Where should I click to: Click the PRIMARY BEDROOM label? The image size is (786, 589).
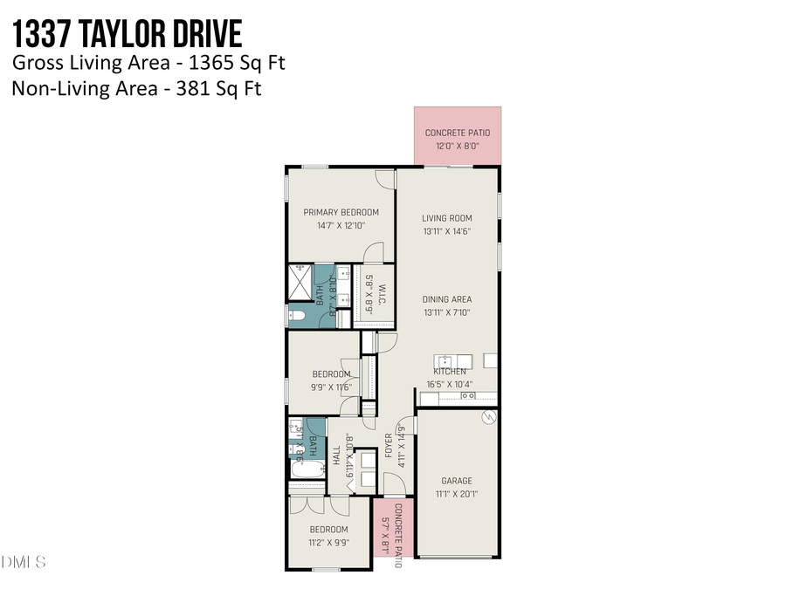[x=341, y=212]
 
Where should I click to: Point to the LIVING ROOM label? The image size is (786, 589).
[x=446, y=219]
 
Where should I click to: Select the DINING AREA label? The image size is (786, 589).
[x=446, y=299]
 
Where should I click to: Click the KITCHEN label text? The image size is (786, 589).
[x=450, y=372]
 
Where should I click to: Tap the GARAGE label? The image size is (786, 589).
[x=456, y=481]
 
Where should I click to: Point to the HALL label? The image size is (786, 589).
[x=336, y=455]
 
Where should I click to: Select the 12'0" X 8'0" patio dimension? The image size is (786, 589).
[x=458, y=146]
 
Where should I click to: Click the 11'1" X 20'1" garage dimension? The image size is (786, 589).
[x=456, y=494]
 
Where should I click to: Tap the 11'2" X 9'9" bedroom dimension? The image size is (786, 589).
[x=328, y=541]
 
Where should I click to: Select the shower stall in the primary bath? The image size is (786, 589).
[x=300, y=283]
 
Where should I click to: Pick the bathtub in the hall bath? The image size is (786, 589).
[x=306, y=471]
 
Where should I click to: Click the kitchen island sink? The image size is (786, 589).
[x=445, y=360]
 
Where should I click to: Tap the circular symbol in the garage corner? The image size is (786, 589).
[x=489, y=418]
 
